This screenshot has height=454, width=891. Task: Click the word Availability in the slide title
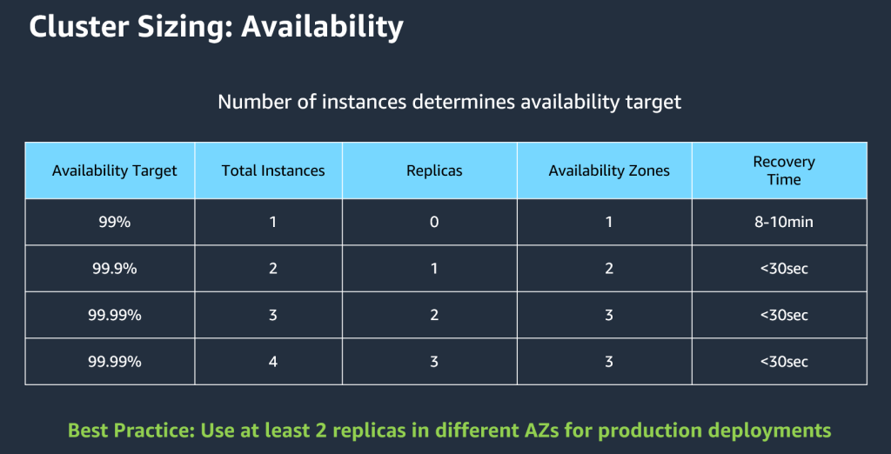coord(322,27)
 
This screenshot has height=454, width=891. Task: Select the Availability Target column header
coord(114,170)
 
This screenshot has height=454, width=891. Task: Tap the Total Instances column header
coord(273,170)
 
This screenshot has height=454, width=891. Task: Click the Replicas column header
coord(434,170)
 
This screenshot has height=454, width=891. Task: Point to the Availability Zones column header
coord(609,170)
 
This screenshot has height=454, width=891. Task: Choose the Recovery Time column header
coord(784,170)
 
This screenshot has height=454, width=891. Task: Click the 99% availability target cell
coord(114,222)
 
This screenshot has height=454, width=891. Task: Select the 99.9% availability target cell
coord(114,269)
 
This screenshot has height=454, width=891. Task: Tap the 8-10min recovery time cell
coord(784,222)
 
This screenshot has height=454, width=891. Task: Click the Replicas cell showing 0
coord(434,222)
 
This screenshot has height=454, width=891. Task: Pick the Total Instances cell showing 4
coord(273,361)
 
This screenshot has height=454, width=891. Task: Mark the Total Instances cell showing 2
coord(273,269)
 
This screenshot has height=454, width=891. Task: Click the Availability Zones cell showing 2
coord(609,269)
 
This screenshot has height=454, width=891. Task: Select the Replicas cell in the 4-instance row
coord(434,361)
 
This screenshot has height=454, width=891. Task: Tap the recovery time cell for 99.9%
coord(784,269)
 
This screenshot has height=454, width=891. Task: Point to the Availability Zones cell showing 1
coord(609,222)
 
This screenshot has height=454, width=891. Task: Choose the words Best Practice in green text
coord(131,430)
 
